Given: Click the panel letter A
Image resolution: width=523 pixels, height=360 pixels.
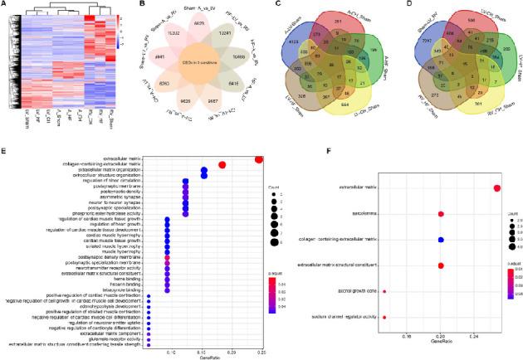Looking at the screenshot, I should (5, 6).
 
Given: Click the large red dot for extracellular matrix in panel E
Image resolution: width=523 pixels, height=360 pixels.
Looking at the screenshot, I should (259, 159).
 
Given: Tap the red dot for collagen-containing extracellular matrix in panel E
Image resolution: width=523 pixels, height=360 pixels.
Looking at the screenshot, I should (222, 166).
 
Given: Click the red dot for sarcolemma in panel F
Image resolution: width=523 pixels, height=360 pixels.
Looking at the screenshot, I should (440, 214).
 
